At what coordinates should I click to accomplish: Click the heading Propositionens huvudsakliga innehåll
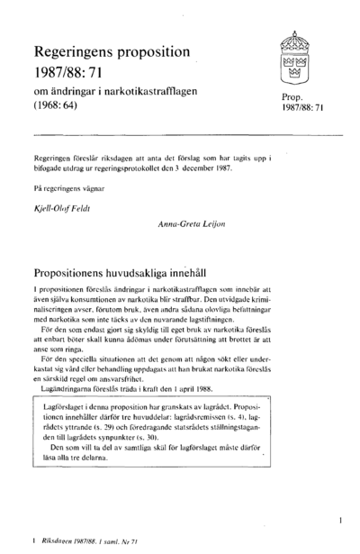tap(130, 269)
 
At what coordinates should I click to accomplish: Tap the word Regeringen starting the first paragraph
tap(54, 155)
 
